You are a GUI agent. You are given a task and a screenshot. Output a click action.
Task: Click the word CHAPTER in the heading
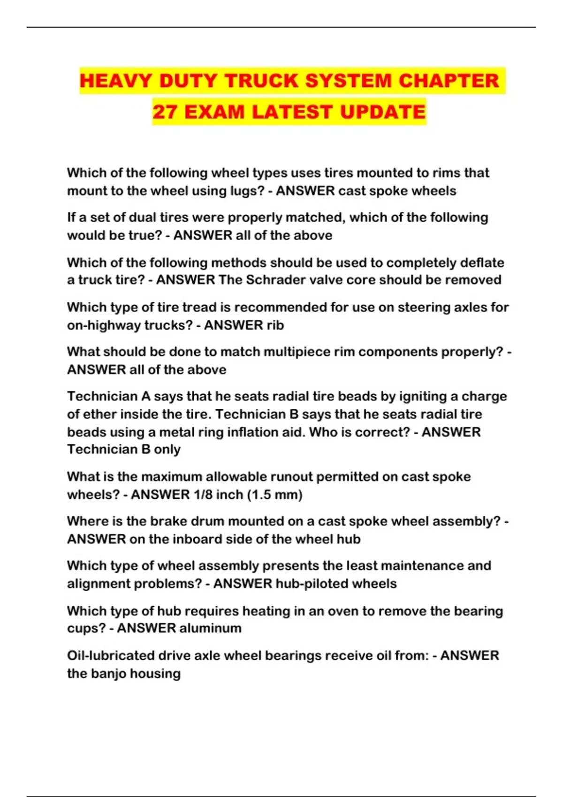(449, 81)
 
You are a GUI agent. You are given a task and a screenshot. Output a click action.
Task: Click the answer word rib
(275, 325)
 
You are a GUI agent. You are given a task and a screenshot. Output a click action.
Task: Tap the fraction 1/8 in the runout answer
(202, 495)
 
